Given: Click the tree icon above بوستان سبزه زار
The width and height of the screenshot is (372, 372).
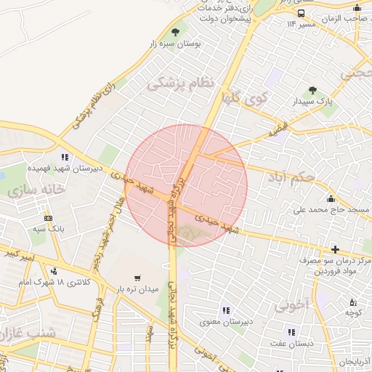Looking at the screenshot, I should point(175,31).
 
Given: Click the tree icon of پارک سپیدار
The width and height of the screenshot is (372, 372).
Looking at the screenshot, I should point(312,91).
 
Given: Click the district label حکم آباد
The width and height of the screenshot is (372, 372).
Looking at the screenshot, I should point(291,177).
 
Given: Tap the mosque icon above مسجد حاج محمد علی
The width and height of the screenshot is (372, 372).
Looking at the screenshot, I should point(331,199).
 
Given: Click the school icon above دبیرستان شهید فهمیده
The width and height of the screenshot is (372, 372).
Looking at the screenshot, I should point(66,156).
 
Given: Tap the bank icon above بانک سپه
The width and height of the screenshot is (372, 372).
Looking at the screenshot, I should point(48,218).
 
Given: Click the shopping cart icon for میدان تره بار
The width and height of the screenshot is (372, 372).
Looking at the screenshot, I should point(137,278).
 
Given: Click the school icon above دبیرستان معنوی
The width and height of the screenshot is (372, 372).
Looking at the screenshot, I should point(225,310).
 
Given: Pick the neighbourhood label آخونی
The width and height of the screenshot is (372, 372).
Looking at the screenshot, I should point(294,304).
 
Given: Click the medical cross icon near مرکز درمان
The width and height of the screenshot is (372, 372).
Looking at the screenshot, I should point(335,249).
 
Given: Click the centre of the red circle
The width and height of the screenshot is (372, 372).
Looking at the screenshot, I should point(187,185).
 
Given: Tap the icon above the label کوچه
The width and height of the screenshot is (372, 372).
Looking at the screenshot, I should point(352,302).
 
